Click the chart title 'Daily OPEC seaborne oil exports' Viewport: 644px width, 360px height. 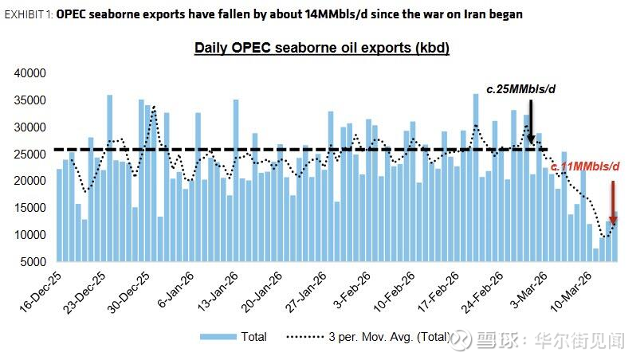[322, 48]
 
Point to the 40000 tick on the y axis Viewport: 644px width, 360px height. [32, 72]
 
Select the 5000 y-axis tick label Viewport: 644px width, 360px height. [35, 261]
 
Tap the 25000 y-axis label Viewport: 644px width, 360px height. [32, 154]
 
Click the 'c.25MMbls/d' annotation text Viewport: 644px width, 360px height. [520, 89]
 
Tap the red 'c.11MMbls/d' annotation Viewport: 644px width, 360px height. [585, 166]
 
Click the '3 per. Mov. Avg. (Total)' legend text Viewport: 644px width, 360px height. [387, 337]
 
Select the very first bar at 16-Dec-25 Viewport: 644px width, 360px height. [59, 215]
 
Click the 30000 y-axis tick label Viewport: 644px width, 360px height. [32, 127]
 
